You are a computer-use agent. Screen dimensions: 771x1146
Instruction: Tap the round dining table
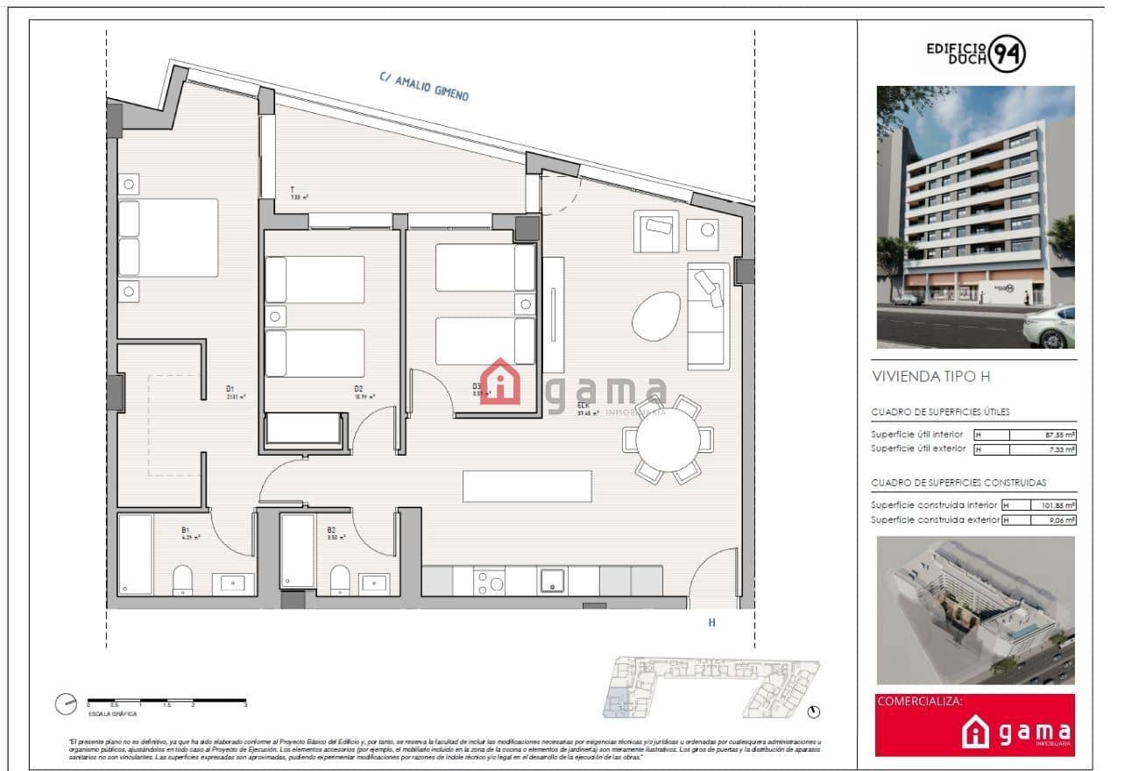pyautogui.click(x=668, y=440)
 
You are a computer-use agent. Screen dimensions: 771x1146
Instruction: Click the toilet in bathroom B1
pyautogui.click(x=183, y=579)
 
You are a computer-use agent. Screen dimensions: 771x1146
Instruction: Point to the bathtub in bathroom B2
pyautogui.click(x=298, y=551)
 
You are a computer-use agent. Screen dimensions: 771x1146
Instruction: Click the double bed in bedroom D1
pyautogui.click(x=168, y=237)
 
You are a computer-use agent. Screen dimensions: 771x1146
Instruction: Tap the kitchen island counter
pyautogui.click(x=527, y=486)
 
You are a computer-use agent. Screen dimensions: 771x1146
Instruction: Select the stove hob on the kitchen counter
pyautogui.click(x=489, y=581)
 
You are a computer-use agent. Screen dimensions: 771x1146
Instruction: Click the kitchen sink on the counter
pyautogui.click(x=553, y=580)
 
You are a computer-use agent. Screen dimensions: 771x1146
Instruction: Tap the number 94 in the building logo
pyautogui.click(x=1008, y=55)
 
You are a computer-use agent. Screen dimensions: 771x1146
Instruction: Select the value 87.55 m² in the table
pyautogui.click(x=1060, y=435)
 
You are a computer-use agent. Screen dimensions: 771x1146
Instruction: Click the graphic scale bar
pyautogui.click(x=166, y=701)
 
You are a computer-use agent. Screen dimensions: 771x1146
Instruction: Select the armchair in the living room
pyautogui.click(x=655, y=231)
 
